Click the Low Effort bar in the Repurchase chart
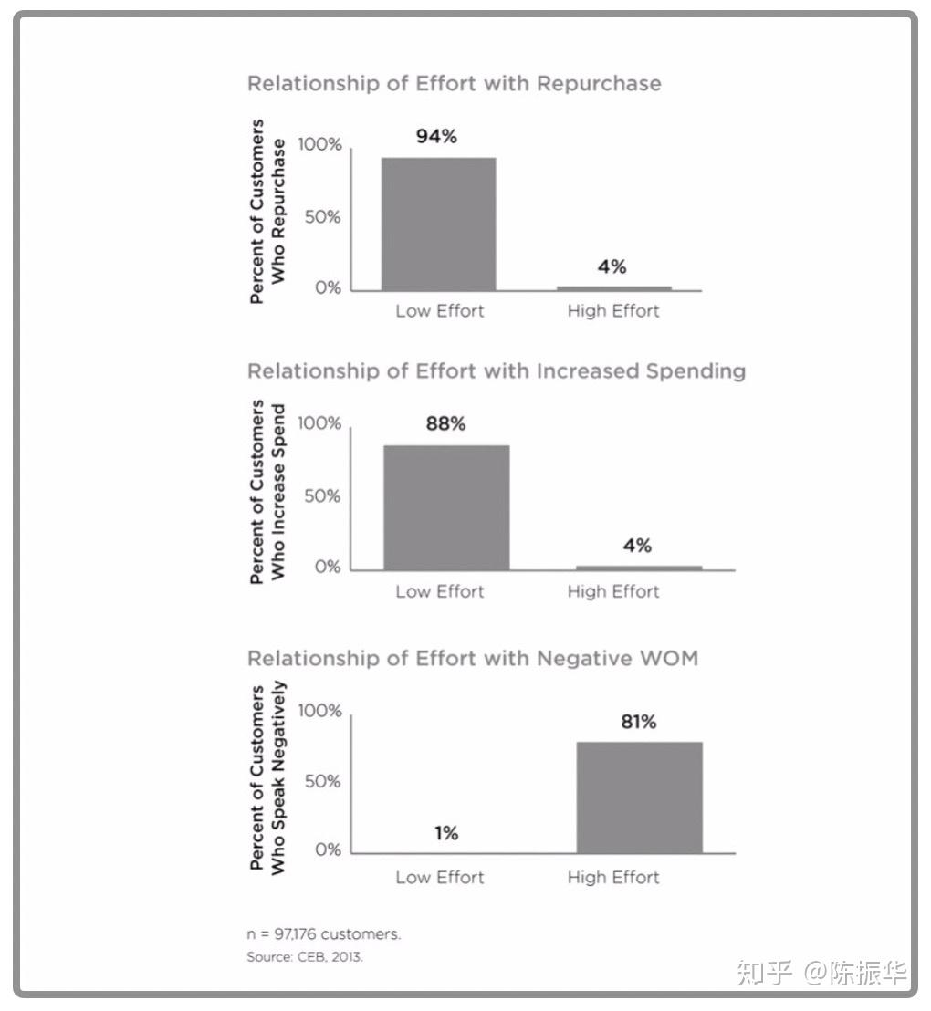point(439,224)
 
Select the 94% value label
point(437,137)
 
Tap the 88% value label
point(445,423)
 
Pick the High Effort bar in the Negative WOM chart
point(639,797)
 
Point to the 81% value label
point(639,722)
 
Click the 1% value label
point(446,833)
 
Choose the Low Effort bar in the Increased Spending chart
point(446,507)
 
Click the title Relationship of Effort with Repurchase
point(455,84)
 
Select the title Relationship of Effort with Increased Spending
point(497,371)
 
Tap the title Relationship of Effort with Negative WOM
point(473,658)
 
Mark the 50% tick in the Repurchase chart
point(322,216)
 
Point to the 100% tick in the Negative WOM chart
point(319,711)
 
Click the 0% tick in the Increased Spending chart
point(328,567)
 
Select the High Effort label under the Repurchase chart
point(613,311)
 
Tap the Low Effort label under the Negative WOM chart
point(440,878)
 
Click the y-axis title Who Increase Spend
point(278,492)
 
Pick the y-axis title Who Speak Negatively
point(278,778)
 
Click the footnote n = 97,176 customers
point(324,934)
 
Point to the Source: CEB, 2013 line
point(305,957)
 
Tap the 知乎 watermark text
point(765,973)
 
